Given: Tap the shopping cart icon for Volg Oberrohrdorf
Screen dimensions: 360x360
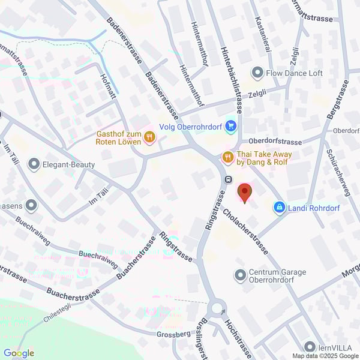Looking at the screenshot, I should [x=232, y=127].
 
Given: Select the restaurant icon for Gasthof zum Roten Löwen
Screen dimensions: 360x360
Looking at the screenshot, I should [x=149, y=139].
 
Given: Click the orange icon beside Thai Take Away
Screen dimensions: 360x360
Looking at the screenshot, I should [x=227, y=158].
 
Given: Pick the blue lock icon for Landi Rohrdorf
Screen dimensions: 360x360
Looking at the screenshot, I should [x=279, y=208].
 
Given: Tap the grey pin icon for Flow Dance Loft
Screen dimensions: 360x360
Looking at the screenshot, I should [x=257, y=73].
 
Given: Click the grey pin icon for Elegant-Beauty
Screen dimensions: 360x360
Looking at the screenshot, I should [x=34, y=162].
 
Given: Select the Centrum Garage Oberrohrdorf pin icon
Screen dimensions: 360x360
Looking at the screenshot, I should [x=240, y=275].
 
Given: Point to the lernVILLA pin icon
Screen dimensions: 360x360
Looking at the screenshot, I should [x=310, y=347].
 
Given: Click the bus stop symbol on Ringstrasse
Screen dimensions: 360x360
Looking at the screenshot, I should [x=228, y=179].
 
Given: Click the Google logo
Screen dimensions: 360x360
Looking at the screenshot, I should [x=18, y=353].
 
